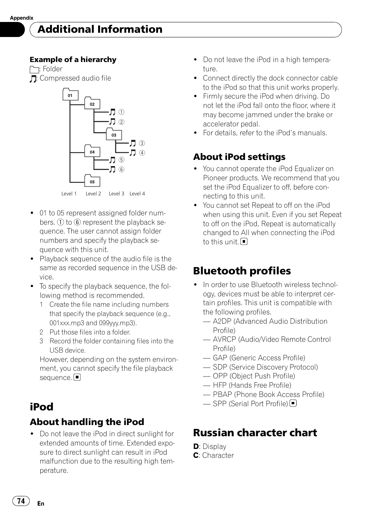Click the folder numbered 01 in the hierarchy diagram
(70, 95)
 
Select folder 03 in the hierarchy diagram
(114, 135)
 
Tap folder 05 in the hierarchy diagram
(92, 182)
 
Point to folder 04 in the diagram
(92, 151)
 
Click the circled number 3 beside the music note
(142, 143)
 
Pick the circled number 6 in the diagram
(122, 170)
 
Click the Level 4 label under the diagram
(137, 194)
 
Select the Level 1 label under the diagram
(69, 194)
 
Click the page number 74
(21, 501)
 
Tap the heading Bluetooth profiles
(242, 271)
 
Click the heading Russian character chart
(255, 433)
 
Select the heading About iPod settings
(239, 157)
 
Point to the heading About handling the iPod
(87, 422)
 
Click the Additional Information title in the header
(100, 29)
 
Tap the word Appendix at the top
(22, 18)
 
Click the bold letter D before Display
(196, 447)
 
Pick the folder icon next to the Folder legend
(34, 70)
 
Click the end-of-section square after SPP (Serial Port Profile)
(294, 403)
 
